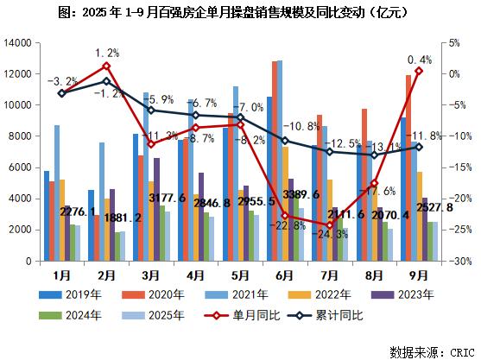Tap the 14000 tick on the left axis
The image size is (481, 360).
[x=19, y=43]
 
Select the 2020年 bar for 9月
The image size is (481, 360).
[x=408, y=167]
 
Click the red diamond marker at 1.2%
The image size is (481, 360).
[x=106, y=66]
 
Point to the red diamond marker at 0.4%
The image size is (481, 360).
[x=419, y=71]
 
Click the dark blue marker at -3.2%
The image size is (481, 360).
[x=60, y=93]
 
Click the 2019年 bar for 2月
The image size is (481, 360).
[x=92, y=225]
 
